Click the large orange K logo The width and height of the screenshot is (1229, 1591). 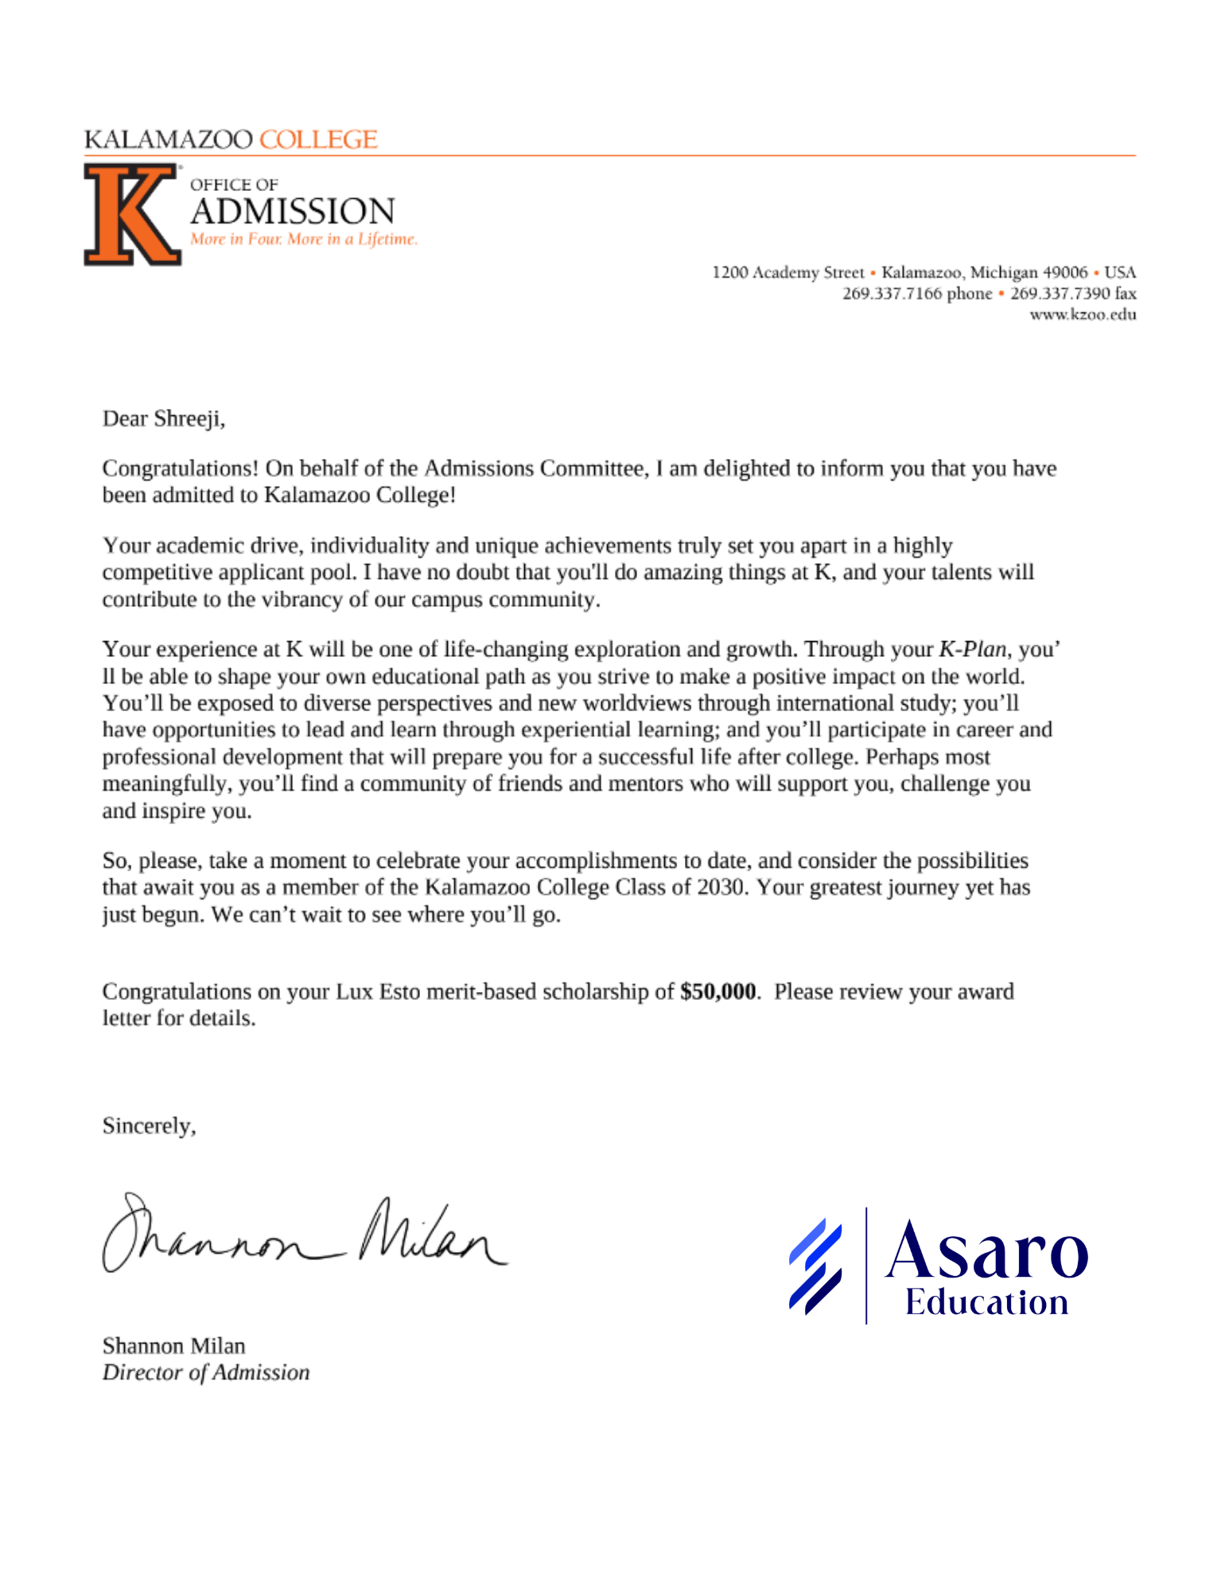[x=131, y=214]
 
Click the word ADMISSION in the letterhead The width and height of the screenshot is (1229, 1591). [x=292, y=212]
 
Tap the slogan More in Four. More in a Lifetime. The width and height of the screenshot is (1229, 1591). [x=303, y=239]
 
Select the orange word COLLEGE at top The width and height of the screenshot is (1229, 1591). [x=318, y=139]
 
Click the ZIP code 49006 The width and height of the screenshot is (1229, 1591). [x=1065, y=272]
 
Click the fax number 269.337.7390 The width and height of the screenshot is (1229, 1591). [x=1060, y=294]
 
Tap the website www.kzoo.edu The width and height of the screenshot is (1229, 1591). [x=1083, y=314]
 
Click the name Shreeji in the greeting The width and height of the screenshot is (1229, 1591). [x=189, y=418]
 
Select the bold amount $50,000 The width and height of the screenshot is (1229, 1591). [x=718, y=991]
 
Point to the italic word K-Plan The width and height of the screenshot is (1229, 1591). [x=972, y=649]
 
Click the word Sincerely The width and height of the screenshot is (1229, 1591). [x=149, y=1126]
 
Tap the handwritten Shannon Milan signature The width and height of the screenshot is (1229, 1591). [x=302, y=1235]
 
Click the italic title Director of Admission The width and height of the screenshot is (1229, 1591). [x=206, y=1372]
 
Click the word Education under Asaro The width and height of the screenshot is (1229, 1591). [x=986, y=1303]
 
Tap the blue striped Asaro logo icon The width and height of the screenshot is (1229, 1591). [x=815, y=1266]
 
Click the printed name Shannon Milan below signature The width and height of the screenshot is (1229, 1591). [x=173, y=1346]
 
